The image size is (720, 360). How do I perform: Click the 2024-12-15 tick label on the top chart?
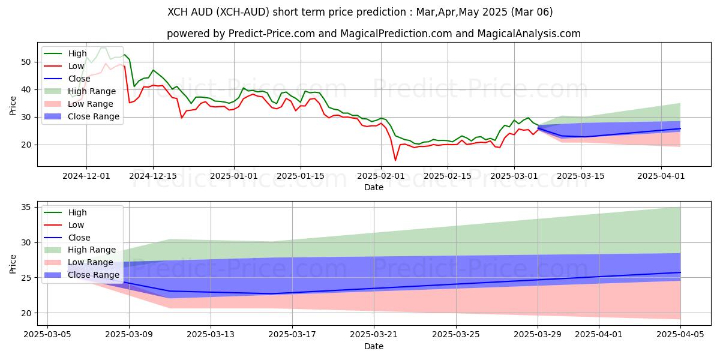tap(152, 176)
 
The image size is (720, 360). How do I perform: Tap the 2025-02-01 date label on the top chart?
tap(381, 176)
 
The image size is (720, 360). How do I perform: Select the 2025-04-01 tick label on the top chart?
tap(661, 176)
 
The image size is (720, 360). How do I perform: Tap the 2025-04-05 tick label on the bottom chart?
tap(680, 334)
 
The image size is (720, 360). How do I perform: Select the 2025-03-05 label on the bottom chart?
tap(47, 334)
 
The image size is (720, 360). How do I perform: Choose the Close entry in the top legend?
tap(79, 79)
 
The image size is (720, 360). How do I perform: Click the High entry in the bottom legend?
tap(77, 212)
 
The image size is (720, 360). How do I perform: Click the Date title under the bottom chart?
tap(374, 346)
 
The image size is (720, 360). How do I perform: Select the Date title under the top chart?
tap(374, 187)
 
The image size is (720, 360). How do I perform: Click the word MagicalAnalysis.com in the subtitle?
tap(529, 34)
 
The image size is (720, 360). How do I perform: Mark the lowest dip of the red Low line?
tap(395, 160)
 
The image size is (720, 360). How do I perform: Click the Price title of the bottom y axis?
tap(13, 263)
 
